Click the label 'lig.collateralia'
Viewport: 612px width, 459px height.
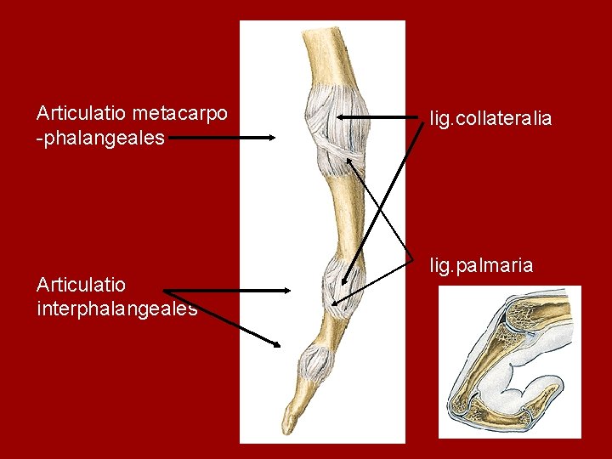[490, 118]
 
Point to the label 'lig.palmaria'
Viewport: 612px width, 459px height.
[481, 266]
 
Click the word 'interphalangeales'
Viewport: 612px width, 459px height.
[117, 309]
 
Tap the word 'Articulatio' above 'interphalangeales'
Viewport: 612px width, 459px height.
[81, 284]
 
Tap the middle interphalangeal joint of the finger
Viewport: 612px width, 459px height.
[337, 284]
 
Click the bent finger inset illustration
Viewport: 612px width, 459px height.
[508, 361]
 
